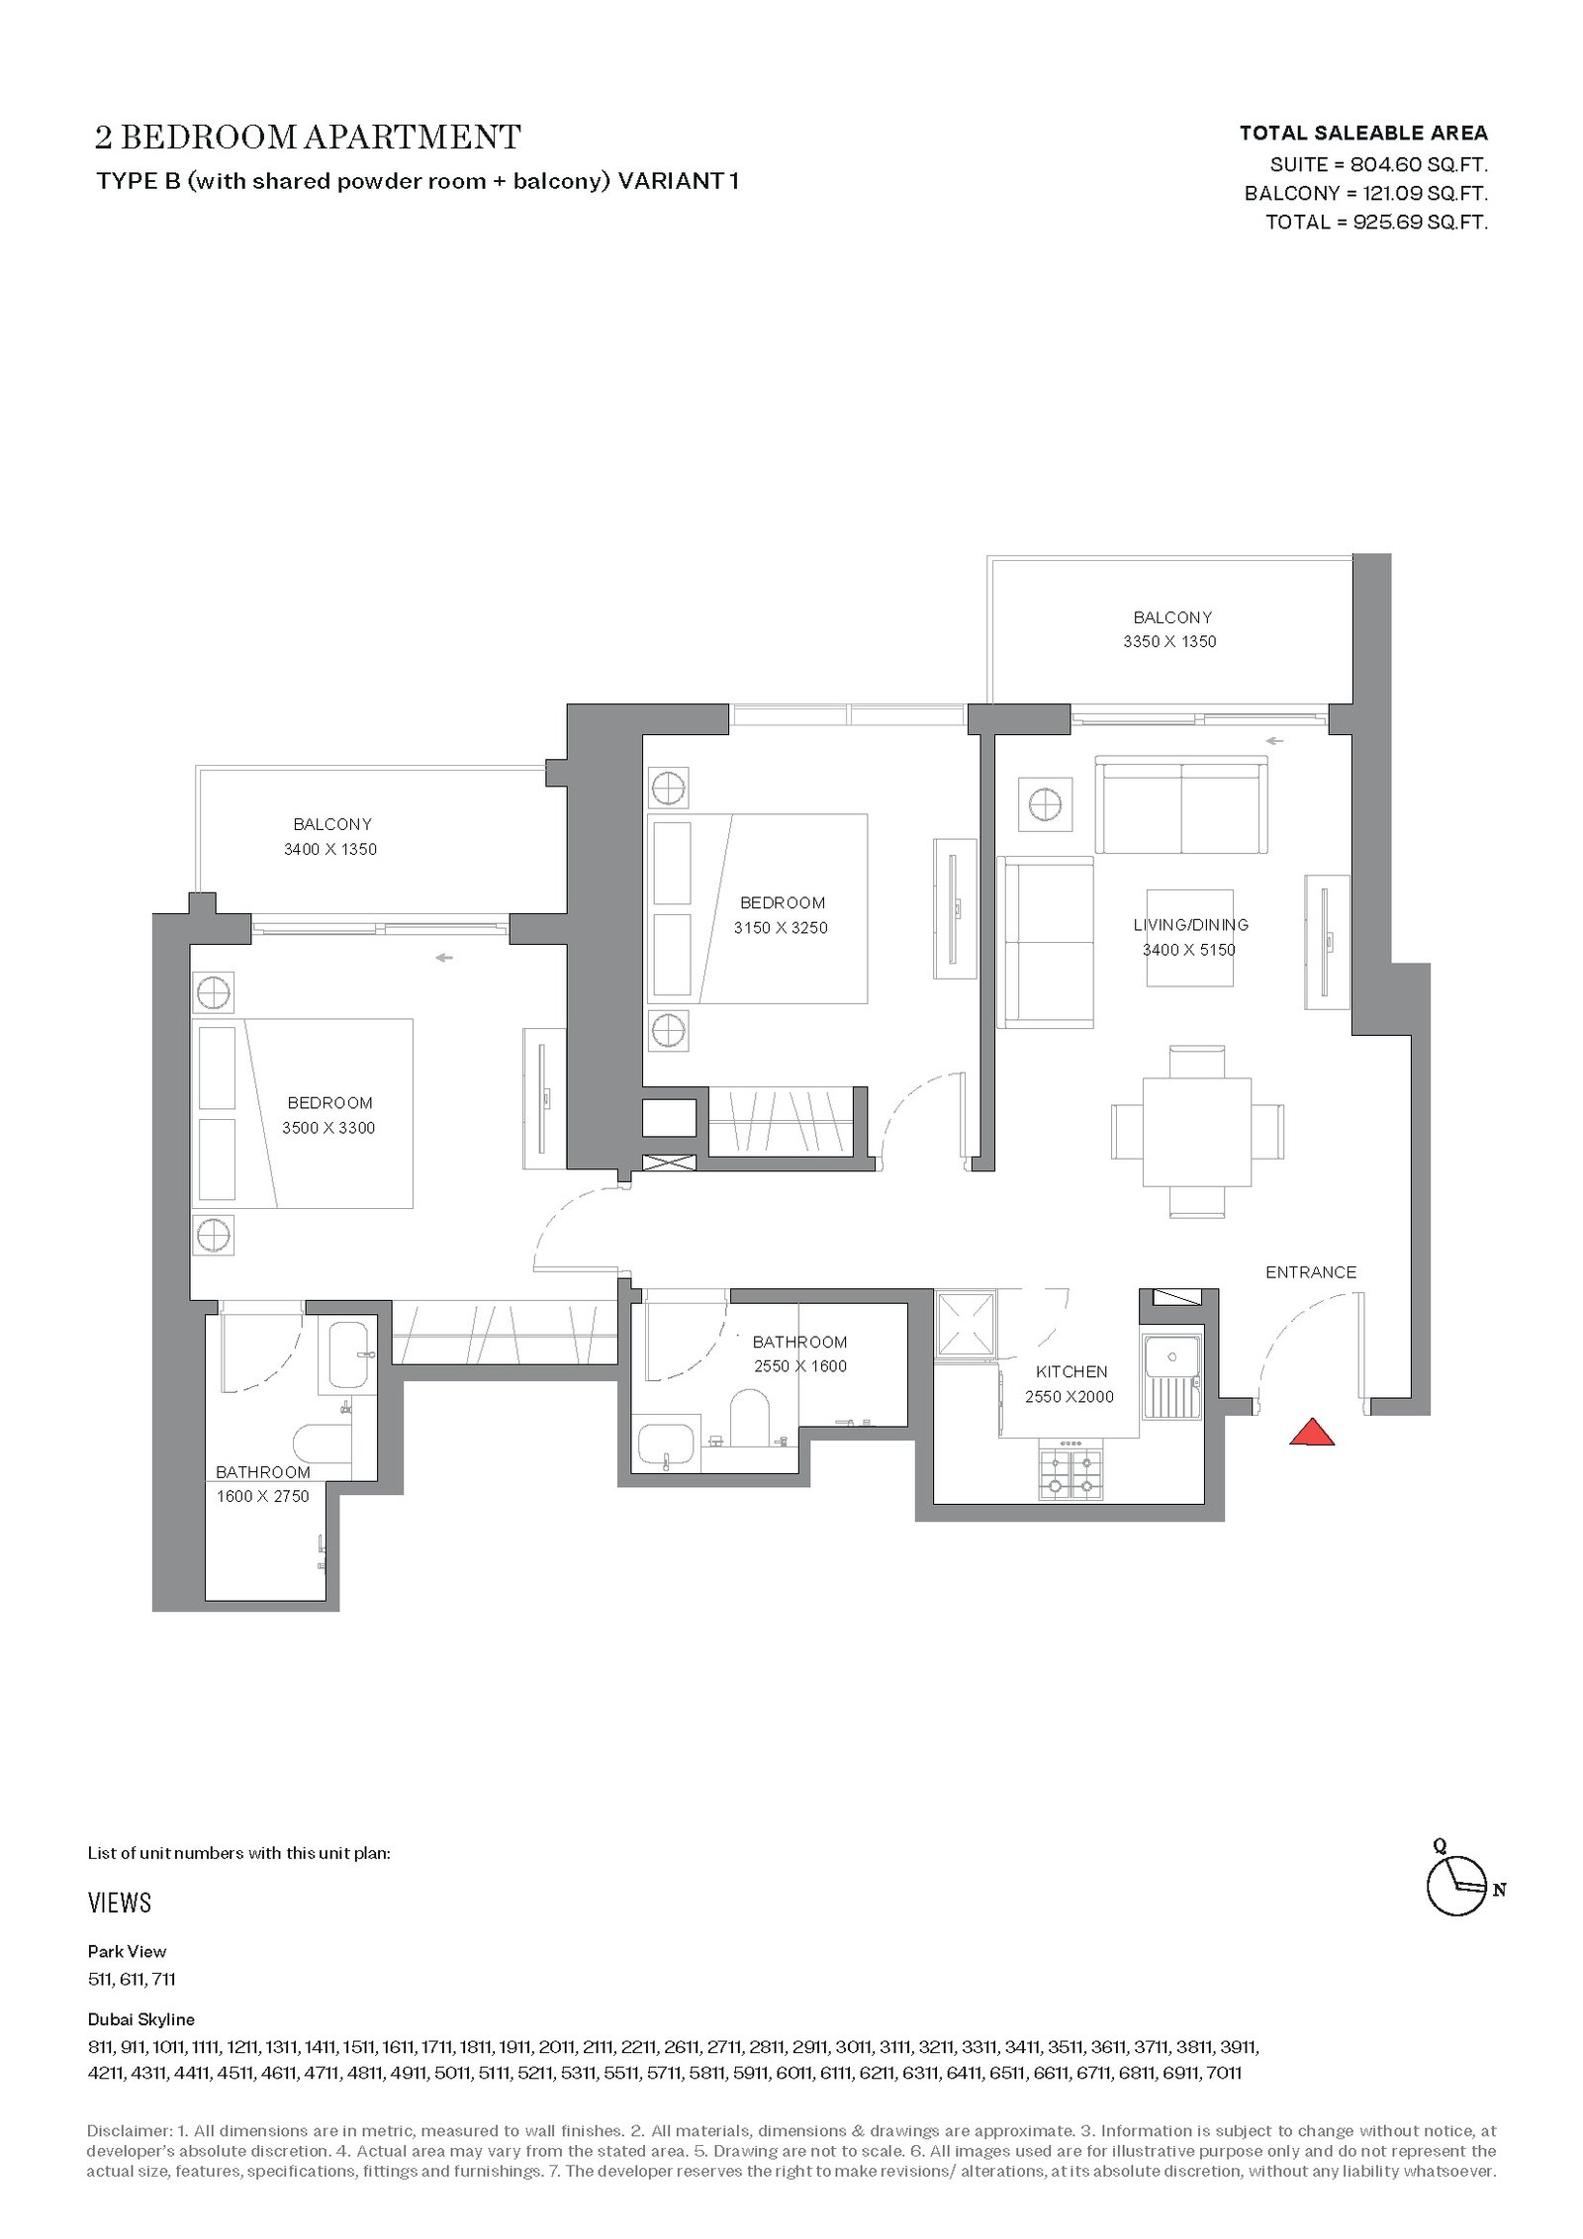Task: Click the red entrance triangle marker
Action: click(1312, 1432)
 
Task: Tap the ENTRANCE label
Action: click(1311, 1272)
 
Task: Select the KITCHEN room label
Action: click(1071, 1371)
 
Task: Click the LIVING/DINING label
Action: click(1190, 925)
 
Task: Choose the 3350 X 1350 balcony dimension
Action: click(1169, 641)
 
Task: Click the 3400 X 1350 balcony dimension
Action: click(329, 849)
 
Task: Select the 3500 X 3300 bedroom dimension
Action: click(330, 1128)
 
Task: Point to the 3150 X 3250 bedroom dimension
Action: click(781, 928)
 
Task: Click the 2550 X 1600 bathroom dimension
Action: click(799, 1366)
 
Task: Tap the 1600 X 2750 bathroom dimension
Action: click(263, 1496)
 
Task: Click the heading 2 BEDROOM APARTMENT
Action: click(308, 137)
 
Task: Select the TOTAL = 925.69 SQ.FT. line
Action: click(1376, 222)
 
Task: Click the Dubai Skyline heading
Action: click(141, 2019)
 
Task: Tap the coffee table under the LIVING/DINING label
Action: click(1190, 938)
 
